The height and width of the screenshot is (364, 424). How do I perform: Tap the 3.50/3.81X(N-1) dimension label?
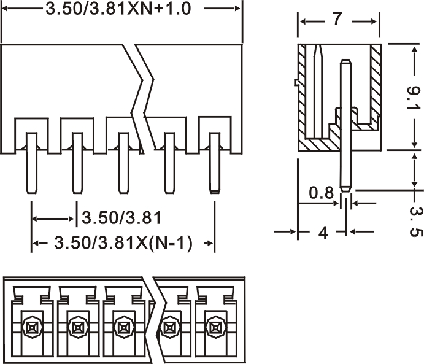(x=123, y=243)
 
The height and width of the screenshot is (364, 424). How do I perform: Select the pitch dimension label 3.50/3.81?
(x=121, y=217)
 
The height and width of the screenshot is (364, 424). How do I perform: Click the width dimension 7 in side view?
(x=337, y=20)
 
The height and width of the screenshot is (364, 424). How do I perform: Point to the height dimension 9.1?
(x=414, y=98)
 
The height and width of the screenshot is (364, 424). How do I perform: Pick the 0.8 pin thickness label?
(x=321, y=194)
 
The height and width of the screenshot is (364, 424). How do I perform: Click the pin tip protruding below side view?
(x=345, y=178)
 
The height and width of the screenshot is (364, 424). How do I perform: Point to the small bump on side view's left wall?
(x=296, y=82)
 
